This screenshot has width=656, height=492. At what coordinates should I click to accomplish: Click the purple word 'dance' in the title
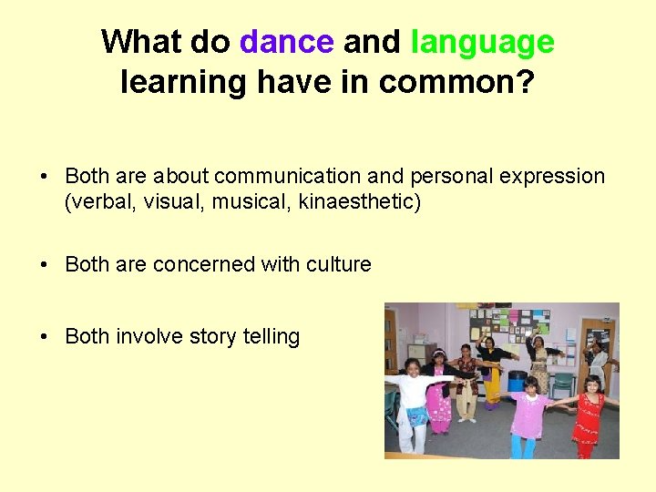pyautogui.click(x=286, y=42)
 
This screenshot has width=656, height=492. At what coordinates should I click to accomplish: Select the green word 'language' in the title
pyautogui.click(x=482, y=42)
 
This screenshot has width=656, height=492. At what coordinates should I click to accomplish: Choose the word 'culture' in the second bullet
pyautogui.click(x=338, y=264)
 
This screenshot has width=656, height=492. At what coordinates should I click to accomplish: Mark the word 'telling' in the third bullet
pyautogui.click(x=271, y=336)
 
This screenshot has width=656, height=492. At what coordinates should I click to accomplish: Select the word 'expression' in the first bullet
pyautogui.click(x=556, y=176)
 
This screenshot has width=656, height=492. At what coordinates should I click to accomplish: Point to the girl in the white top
pyautogui.click(x=415, y=401)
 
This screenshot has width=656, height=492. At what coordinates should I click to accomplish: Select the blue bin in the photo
pyautogui.click(x=518, y=380)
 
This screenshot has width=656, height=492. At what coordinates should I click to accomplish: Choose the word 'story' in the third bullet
pyautogui.click(x=212, y=336)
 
